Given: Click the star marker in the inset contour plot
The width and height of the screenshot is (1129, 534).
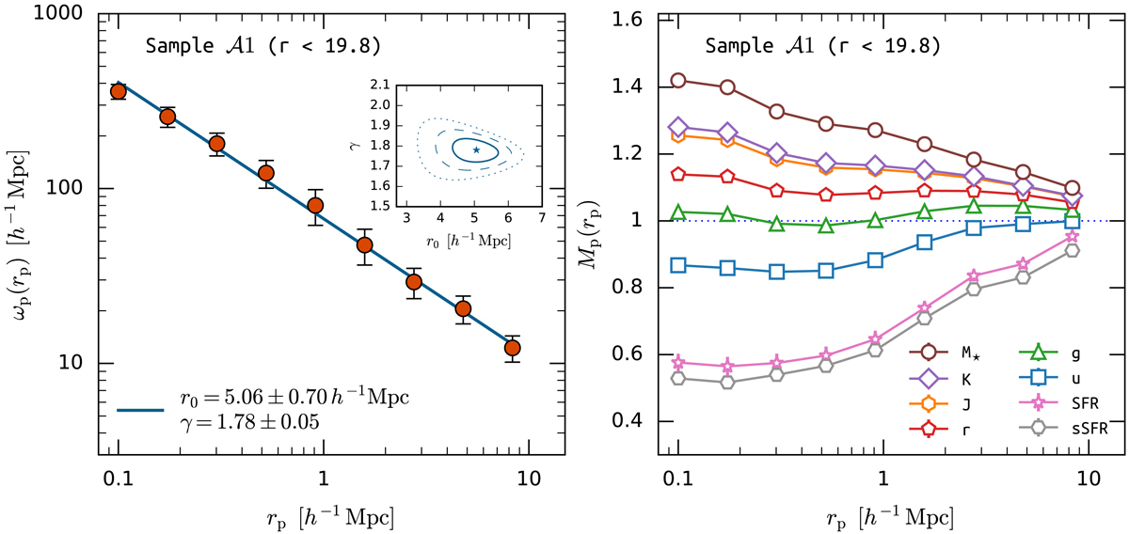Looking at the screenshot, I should pyautogui.click(x=476, y=149).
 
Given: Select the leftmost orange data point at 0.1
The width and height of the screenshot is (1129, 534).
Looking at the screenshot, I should pyautogui.click(x=119, y=91).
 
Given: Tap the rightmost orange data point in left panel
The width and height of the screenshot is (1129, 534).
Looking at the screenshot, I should pyautogui.click(x=513, y=348).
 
